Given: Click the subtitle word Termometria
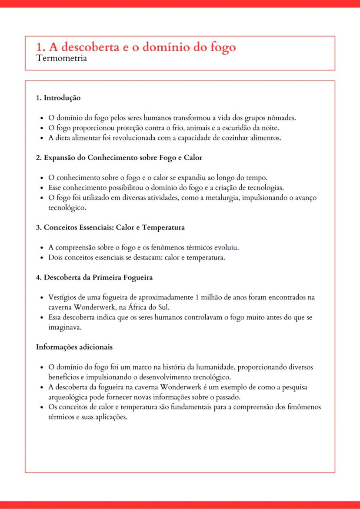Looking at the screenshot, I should [62, 58].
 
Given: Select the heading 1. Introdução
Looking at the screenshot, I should [58, 98].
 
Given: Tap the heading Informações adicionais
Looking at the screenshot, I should [74, 347].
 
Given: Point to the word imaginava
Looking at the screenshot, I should [65, 327].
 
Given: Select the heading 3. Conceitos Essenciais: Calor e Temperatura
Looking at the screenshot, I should [110, 227].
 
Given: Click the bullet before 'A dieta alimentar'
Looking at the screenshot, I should [41, 138].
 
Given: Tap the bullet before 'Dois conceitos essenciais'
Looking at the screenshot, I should [41, 258].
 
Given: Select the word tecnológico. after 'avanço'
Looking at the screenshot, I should [67, 208].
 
